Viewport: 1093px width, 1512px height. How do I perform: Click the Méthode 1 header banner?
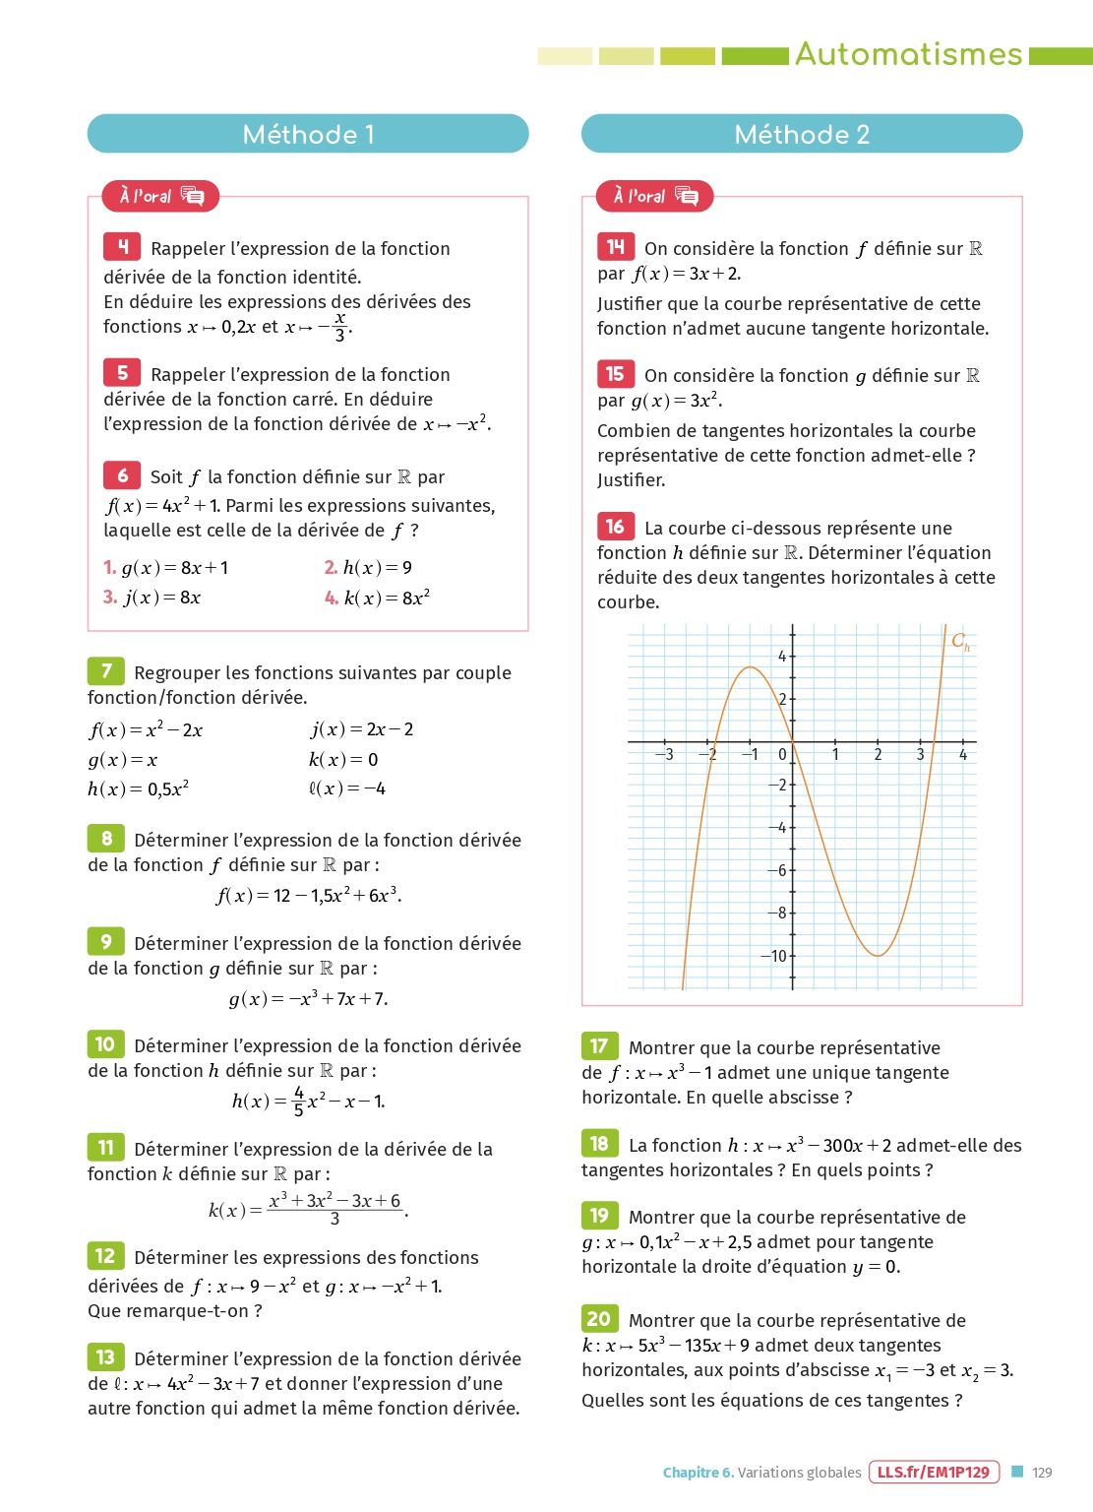pos(308,134)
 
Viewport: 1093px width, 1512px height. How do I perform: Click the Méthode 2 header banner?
pos(802,134)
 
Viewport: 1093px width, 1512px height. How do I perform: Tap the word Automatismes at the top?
pos(908,54)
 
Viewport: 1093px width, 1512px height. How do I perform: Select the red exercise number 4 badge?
pos(122,246)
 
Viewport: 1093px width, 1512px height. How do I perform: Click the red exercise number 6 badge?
pos(122,475)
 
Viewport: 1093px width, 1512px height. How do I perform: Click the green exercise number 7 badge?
pos(106,671)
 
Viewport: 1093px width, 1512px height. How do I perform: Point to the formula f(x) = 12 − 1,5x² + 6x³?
pos(308,896)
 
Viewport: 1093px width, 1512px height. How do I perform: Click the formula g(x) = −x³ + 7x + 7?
pos(308,999)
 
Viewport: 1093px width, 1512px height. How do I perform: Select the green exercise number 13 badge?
pos(105,1357)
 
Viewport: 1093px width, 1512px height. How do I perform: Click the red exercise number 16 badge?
pos(615,526)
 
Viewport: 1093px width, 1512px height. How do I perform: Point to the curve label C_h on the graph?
pos(960,642)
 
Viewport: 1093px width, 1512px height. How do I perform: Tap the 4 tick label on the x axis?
pos(963,755)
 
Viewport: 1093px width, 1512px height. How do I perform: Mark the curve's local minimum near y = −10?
pos(878,955)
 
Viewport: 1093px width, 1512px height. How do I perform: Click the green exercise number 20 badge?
pos(599,1318)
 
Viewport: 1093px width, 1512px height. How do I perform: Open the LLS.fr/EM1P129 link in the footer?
pos(934,1473)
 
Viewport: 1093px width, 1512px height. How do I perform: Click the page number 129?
pos(1042,1473)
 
